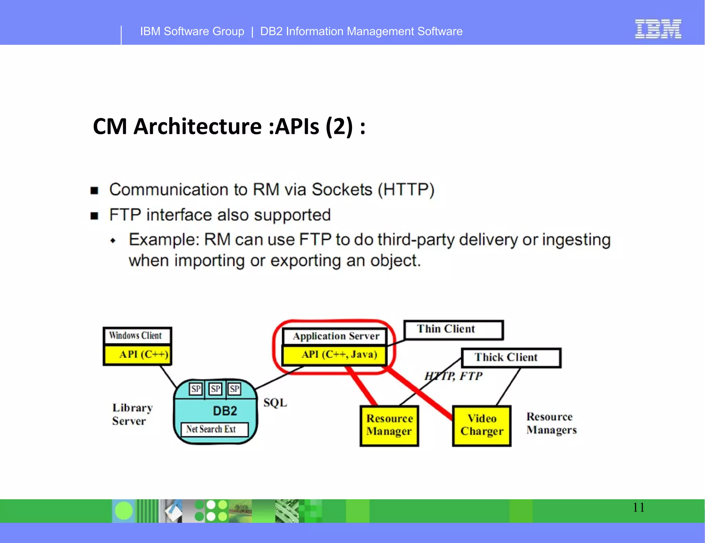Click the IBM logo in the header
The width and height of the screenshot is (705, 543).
click(658, 29)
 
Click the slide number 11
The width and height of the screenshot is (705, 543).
click(639, 508)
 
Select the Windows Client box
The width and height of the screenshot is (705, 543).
click(137, 336)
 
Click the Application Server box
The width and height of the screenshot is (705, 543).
click(335, 336)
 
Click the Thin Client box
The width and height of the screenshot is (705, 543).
click(453, 330)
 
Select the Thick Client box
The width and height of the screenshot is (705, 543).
click(511, 358)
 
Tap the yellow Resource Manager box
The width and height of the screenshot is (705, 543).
click(389, 426)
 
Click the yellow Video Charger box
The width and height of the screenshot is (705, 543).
click(482, 426)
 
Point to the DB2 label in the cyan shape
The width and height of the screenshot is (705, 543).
click(225, 411)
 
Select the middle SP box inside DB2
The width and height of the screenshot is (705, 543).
click(215, 389)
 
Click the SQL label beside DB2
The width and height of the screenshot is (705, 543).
click(275, 403)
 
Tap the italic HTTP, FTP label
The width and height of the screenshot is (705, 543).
click(453, 376)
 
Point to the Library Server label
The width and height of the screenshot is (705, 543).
click(132, 415)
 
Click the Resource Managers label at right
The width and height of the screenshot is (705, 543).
click(551, 424)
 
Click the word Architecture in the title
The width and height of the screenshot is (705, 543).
click(198, 126)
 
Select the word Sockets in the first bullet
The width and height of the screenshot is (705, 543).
click(342, 190)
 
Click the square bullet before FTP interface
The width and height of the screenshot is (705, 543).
click(94, 216)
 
